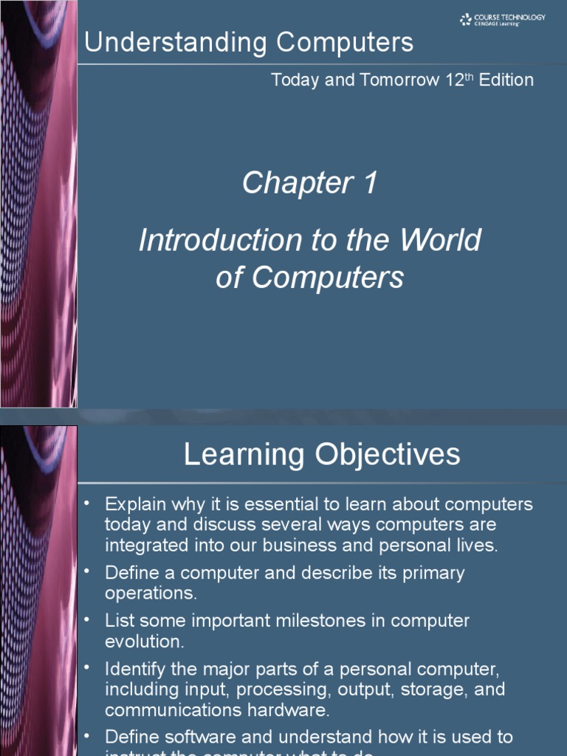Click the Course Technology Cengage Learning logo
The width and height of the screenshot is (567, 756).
click(x=502, y=20)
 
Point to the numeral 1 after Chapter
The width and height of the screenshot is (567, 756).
click(x=369, y=183)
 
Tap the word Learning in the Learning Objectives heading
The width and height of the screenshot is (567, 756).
click(x=244, y=454)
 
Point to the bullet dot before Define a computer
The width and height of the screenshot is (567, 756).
click(x=86, y=571)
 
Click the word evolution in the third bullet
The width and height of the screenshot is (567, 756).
click(x=145, y=642)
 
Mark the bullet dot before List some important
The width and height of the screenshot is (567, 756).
click(x=86, y=619)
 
